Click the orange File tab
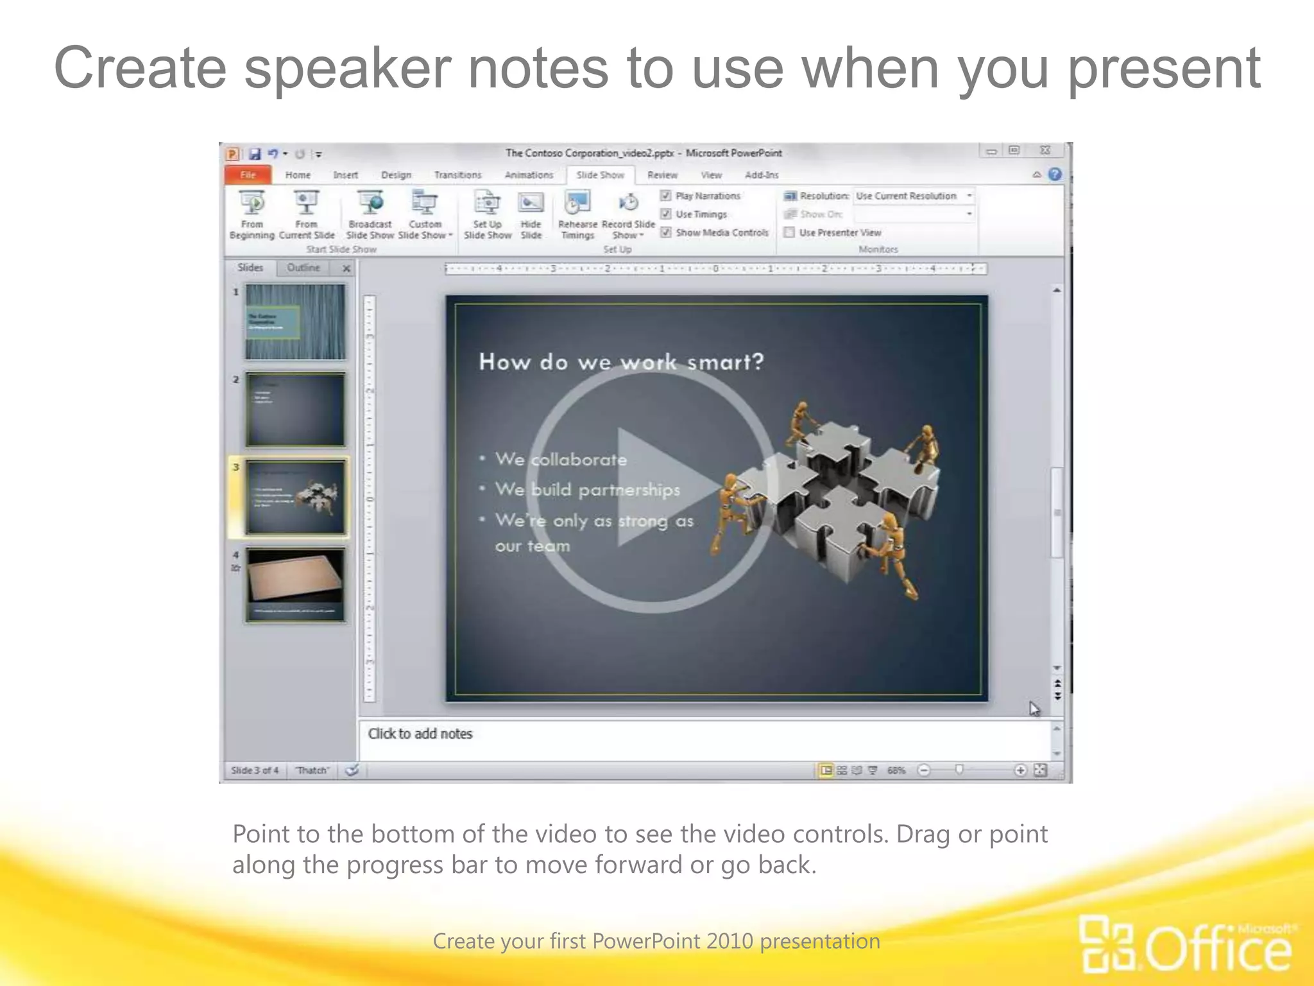point(248,175)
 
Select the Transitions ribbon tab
point(457,175)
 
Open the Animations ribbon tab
point(529,175)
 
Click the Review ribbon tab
point(662,175)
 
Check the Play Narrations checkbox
point(666,196)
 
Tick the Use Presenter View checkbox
point(790,232)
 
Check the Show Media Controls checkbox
point(666,232)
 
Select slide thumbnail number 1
point(295,322)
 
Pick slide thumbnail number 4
point(295,585)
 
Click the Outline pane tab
point(303,268)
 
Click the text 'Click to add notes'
point(420,734)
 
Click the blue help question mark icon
point(1055,175)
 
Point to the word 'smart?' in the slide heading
point(726,363)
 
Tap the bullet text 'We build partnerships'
point(587,490)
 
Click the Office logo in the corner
point(1187,944)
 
